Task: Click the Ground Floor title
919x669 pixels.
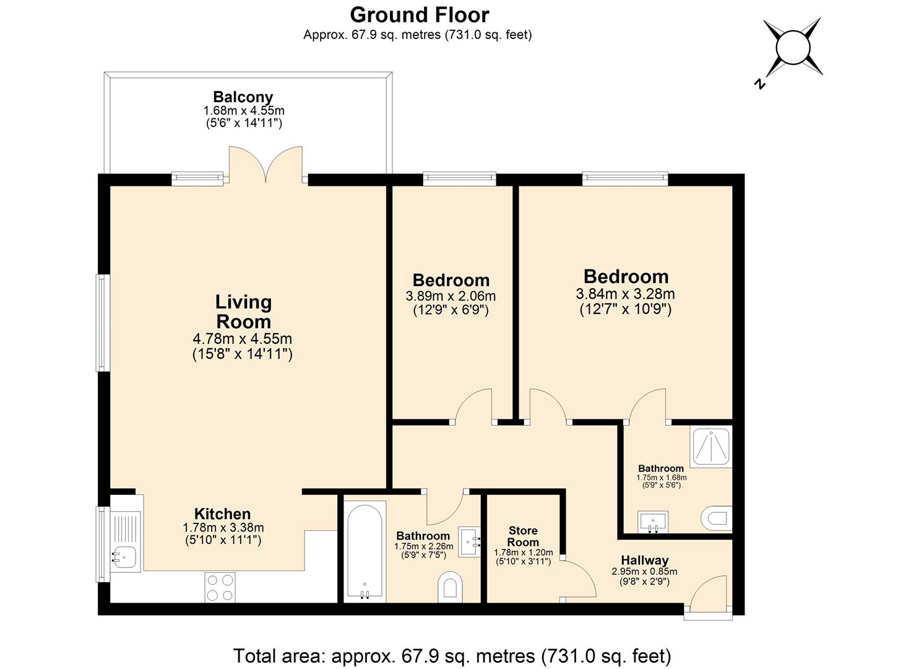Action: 419,14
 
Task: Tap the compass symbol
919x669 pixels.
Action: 792,48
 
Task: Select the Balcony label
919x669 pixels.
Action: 243,97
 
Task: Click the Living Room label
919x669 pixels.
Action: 243,312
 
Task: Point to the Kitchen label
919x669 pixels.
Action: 222,514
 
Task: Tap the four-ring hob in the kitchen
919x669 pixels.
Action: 220,587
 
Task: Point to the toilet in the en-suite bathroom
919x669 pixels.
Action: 717,518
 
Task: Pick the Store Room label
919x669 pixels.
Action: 523,536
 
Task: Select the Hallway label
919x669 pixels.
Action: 645,560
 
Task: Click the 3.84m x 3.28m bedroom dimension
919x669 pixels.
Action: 625,294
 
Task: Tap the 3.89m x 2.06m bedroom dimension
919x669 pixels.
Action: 451,296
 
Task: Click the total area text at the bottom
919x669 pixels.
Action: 452,655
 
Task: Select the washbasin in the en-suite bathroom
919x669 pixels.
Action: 653,522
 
